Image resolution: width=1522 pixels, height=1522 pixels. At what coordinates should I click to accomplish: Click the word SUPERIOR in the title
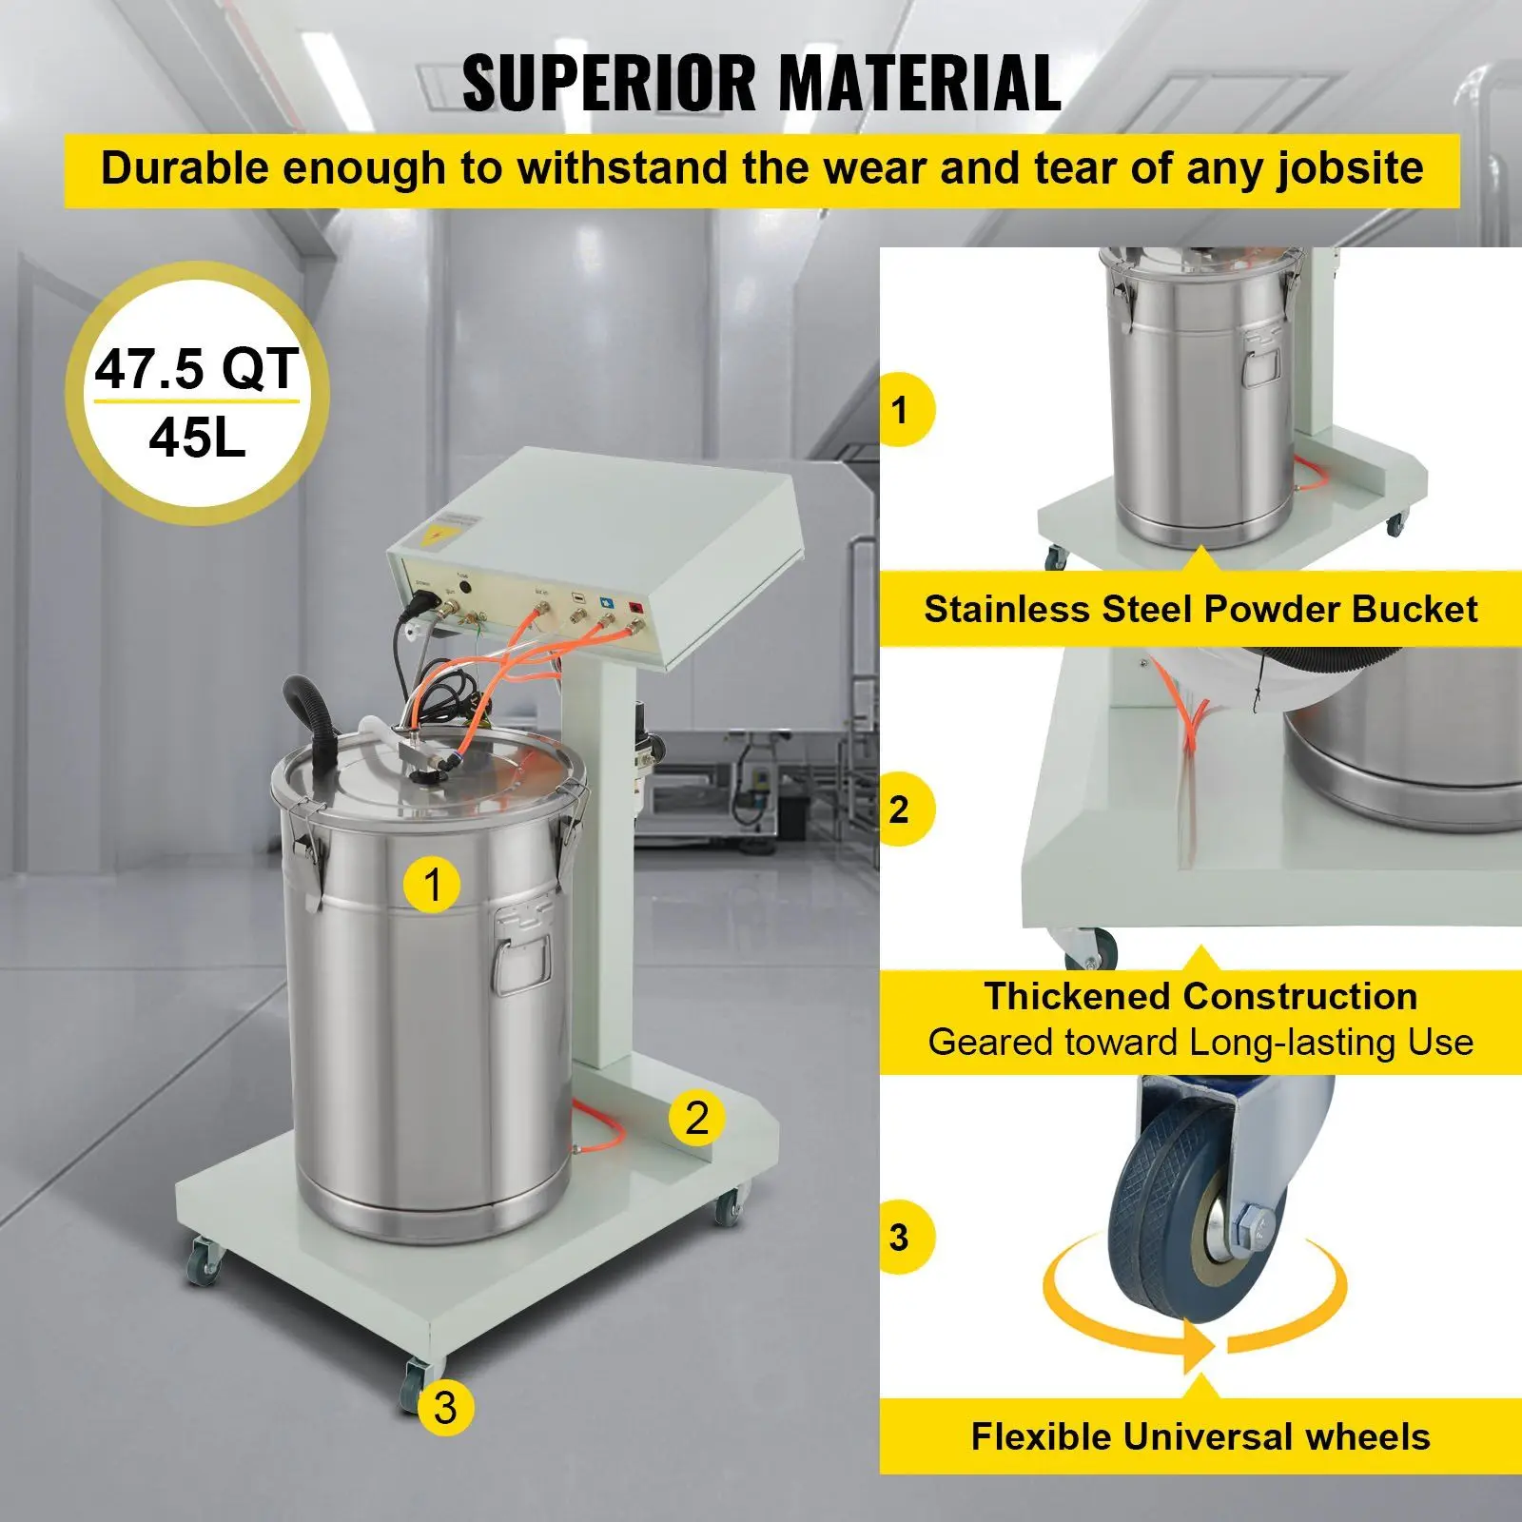point(609,84)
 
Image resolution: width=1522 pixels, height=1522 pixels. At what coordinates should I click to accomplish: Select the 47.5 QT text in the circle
point(196,369)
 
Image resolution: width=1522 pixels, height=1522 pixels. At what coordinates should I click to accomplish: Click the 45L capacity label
point(197,438)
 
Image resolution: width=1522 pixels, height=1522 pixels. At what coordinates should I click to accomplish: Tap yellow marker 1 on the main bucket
point(432,884)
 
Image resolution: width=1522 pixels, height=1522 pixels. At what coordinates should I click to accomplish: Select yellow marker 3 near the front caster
point(444,1407)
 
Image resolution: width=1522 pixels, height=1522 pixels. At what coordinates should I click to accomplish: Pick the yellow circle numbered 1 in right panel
point(900,410)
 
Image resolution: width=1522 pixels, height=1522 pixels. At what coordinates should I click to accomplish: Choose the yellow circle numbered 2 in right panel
point(900,810)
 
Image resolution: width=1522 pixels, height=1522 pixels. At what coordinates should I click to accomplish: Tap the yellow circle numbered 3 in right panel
point(900,1238)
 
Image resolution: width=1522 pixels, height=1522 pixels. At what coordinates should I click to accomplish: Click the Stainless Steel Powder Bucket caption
point(1200,609)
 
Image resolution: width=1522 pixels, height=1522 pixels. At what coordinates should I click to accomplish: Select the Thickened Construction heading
point(1200,996)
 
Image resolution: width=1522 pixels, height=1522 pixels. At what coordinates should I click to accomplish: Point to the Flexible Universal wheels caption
point(1200,1435)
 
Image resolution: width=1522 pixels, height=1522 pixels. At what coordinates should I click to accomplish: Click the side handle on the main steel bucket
point(521,951)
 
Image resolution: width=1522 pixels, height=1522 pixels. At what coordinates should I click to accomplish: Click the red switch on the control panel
point(635,606)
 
